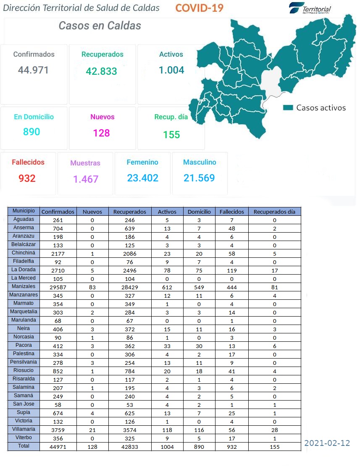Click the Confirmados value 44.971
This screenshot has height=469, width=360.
coord(33,70)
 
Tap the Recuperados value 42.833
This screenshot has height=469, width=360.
coord(101,71)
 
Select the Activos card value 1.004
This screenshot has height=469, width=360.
coord(171,70)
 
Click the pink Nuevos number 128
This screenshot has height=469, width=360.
coord(101,133)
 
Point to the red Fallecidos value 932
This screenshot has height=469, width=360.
coord(27,178)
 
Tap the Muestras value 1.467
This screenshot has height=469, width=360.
coord(86,179)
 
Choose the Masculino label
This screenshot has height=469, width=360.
coord(200,162)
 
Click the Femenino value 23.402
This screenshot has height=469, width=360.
coord(143,178)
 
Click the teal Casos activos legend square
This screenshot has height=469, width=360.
coord(288,107)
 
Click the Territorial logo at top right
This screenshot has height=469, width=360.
coord(310,8)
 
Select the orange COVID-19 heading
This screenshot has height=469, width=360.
coord(199,8)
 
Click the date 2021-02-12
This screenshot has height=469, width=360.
coord(327,443)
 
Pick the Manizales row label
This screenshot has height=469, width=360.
coord(24,286)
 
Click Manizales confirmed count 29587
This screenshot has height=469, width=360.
coord(58,287)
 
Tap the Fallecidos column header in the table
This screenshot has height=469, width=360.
coord(231,212)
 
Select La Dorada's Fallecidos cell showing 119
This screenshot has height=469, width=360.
coord(232,270)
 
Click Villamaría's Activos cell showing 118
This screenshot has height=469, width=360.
coord(167,430)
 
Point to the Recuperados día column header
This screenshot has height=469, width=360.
coord(274,212)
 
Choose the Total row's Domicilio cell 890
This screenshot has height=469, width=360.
coord(199,447)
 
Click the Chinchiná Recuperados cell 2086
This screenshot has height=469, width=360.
coord(129,254)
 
